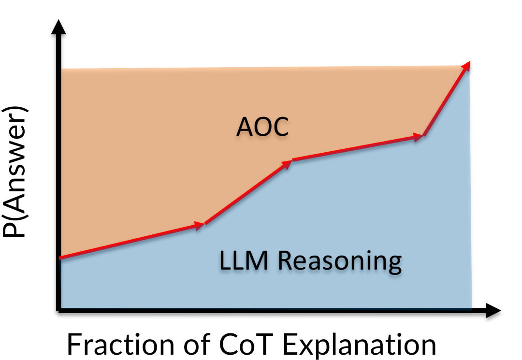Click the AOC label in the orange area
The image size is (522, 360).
(262, 128)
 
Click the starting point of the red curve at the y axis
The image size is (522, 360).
(60, 259)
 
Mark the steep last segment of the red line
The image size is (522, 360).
(445, 101)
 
